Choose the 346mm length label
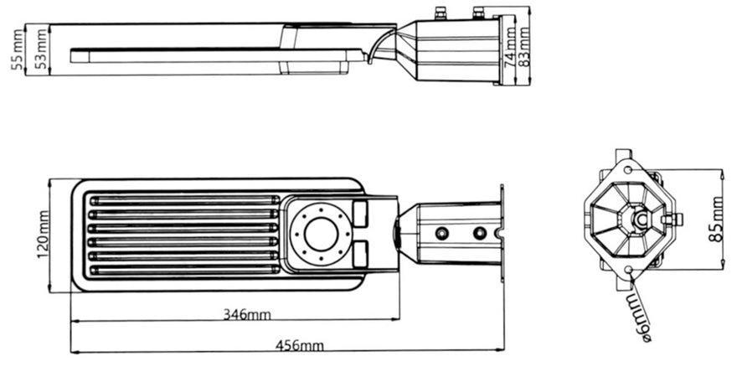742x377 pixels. (246, 314)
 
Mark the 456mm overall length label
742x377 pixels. (299, 345)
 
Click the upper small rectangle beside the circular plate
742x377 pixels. (360, 213)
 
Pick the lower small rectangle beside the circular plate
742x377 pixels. (360, 251)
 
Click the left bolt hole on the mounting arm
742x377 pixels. (442, 233)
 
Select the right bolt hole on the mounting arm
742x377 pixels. (480, 233)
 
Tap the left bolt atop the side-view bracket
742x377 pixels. (441, 13)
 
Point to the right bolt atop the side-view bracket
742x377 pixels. (478, 13)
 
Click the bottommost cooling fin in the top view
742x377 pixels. (183, 270)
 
